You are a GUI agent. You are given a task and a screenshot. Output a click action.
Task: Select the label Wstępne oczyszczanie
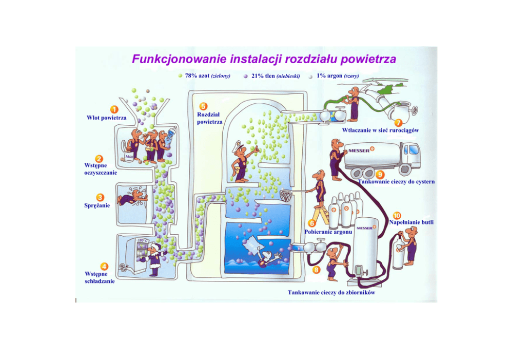pyautogui.click(x=101, y=169)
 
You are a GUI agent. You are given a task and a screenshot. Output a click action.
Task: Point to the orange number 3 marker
pyautogui.click(x=101, y=197)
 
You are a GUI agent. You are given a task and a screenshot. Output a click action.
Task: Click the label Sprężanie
pyautogui.click(x=97, y=206)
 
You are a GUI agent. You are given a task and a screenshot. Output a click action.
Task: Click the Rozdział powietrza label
pyautogui.click(x=209, y=118)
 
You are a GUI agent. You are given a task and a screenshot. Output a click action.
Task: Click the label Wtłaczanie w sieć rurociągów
pyautogui.click(x=380, y=130)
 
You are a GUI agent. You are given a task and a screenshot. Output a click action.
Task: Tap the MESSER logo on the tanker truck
pyautogui.click(x=361, y=150)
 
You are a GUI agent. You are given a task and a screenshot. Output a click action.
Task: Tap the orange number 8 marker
pyautogui.click(x=317, y=269)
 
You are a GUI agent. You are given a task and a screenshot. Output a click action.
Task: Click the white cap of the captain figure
pyautogui.click(x=239, y=145)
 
